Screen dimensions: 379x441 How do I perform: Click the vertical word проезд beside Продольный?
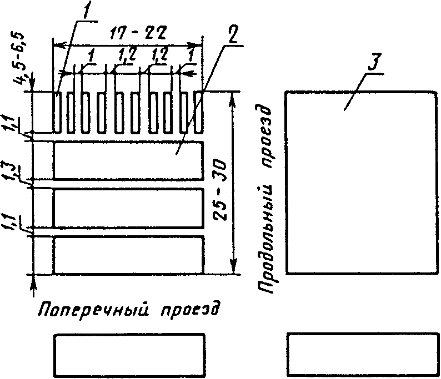click(x=267, y=139)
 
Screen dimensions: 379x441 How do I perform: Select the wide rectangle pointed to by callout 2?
click(x=129, y=160)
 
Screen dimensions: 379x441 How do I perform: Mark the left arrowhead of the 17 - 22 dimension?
click(x=55, y=44)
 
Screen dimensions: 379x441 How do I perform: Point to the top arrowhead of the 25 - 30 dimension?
click(x=234, y=96)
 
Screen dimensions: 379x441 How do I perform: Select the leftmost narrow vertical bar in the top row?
click(x=57, y=112)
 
